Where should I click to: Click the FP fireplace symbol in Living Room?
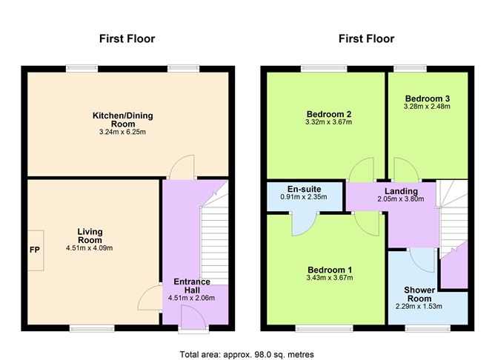pyautogui.click(x=35, y=250)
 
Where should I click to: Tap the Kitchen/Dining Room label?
pyautogui.click(x=124, y=120)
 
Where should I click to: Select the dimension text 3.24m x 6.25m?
pyautogui.click(x=124, y=133)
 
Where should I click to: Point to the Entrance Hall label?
pyautogui.click(x=193, y=286)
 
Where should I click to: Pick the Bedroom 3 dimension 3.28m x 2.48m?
pyautogui.click(x=428, y=107)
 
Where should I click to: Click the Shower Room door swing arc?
pyautogui.click(x=422, y=259)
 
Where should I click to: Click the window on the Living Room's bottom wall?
pyautogui.click(x=92, y=327)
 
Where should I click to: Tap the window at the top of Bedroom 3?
pyautogui.click(x=410, y=69)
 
